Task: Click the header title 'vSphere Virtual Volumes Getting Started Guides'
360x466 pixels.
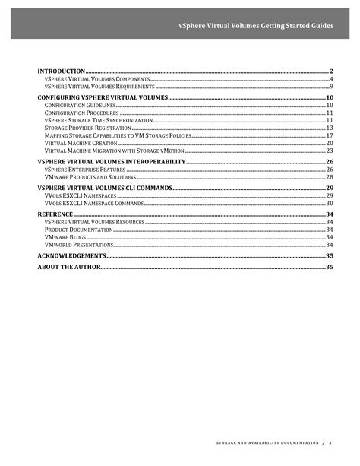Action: pos(255,25)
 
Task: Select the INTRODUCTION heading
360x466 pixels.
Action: pos(62,71)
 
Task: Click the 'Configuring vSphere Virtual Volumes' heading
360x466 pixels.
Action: pos(102,98)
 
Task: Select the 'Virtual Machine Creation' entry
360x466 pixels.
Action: pos(77,143)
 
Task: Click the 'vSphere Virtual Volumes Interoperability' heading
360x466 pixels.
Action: pos(111,162)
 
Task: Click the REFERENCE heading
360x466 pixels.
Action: pos(55,214)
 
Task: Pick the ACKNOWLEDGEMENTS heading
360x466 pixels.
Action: pos(72,256)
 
